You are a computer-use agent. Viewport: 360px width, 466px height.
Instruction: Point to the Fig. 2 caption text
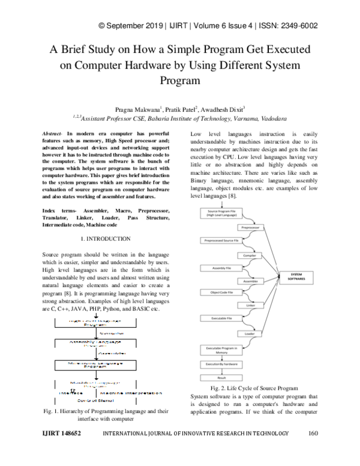click(254, 389)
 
